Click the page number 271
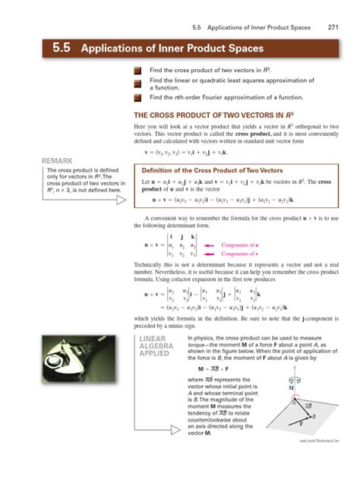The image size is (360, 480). (x=333, y=27)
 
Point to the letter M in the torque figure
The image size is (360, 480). (x=292, y=387)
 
